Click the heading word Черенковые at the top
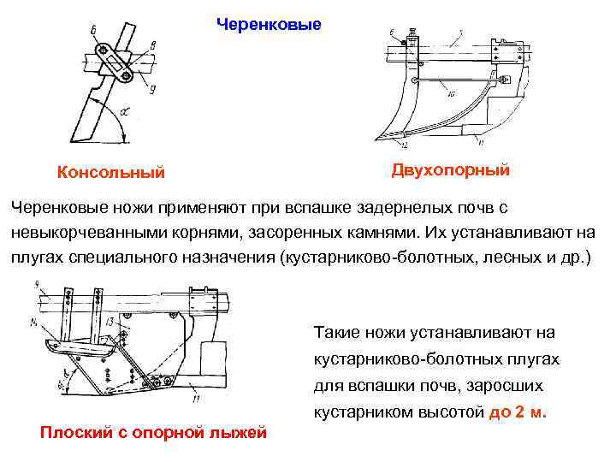269,24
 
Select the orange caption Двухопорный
451,170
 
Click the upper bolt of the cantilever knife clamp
104,51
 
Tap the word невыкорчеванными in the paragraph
78,232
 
